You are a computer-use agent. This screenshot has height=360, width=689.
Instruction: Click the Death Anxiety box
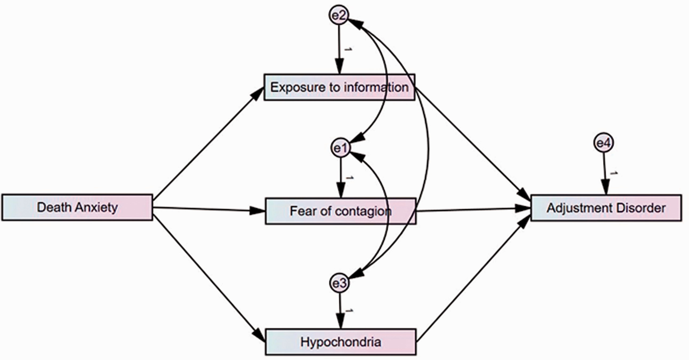click(77, 208)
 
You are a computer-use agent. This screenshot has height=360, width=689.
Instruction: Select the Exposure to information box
click(339, 87)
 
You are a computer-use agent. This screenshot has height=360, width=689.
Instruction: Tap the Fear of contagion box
click(340, 211)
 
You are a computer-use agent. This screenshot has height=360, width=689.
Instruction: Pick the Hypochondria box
click(341, 342)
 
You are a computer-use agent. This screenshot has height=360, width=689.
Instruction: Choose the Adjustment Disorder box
click(606, 208)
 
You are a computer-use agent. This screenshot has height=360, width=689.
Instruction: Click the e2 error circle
click(339, 15)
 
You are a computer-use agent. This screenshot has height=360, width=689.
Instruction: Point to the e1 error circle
click(340, 148)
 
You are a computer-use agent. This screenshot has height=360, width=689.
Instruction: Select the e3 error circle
click(339, 283)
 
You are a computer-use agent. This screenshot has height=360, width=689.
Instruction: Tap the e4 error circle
click(604, 143)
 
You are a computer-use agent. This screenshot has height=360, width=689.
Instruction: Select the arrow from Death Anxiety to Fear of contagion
click(209, 209)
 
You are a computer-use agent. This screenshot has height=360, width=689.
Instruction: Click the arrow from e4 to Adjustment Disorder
click(605, 174)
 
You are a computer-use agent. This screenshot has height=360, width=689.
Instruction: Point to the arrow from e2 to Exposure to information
click(339, 49)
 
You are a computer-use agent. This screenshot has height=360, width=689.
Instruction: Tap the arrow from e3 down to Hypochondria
click(340, 311)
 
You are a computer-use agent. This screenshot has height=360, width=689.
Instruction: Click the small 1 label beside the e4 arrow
click(614, 173)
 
